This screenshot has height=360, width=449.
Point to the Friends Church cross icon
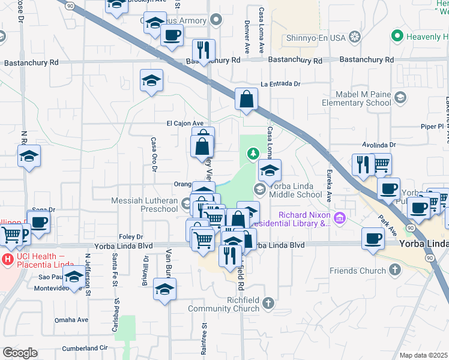click(x=394, y=270)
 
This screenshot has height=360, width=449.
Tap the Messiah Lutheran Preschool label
click(x=144, y=205)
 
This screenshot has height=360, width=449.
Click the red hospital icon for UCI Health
click(x=8, y=260)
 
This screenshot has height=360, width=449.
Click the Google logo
click(x=20, y=353)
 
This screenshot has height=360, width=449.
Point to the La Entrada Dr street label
click(x=280, y=85)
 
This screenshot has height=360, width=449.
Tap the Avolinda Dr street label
click(x=379, y=145)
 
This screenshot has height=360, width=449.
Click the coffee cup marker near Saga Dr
click(x=39, y=223)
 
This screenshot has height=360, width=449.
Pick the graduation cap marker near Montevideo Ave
click(x=74, y=278)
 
